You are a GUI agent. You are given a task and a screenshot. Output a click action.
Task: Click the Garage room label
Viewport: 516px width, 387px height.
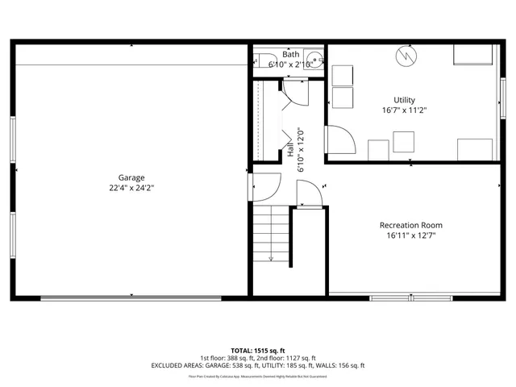[131, 177]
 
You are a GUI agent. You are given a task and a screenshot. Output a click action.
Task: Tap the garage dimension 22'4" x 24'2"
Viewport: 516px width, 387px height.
[131, 187]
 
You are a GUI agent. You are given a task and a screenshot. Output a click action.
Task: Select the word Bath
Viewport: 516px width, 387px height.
[290, 54]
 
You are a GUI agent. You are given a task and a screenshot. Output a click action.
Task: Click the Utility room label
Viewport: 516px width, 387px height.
[405, 100]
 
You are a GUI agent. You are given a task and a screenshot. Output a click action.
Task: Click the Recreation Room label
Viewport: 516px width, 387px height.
[411, 225]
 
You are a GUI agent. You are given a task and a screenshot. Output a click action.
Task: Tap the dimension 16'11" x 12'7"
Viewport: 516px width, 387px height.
[411, 235]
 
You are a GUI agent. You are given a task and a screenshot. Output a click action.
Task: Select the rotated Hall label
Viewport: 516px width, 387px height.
[289, 151]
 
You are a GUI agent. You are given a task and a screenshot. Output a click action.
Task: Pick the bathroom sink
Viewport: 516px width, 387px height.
[314, 60]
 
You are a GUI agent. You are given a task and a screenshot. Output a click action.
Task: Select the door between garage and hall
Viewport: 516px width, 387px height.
[264, 189]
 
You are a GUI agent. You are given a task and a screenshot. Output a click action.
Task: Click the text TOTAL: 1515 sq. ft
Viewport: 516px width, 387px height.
[258, 351]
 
